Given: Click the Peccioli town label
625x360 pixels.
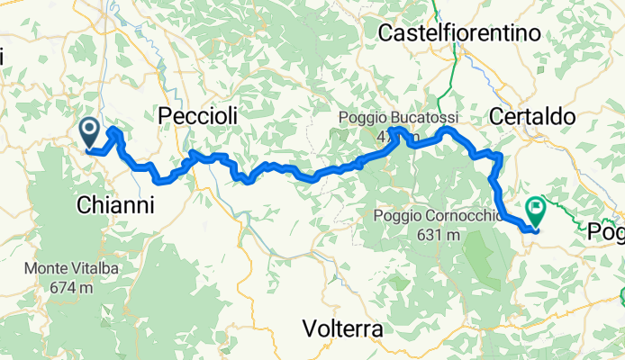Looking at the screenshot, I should point(197,116).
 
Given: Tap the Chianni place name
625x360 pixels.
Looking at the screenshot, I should point(114,205).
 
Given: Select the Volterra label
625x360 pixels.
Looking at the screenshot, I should point(342,328).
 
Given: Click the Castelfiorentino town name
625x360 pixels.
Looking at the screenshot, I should point(460,33).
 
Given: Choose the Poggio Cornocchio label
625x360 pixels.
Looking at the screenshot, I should point(436,216).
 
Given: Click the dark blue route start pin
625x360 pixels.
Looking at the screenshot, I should point(90,133).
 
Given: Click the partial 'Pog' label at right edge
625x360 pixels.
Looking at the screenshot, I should point(607,232).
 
